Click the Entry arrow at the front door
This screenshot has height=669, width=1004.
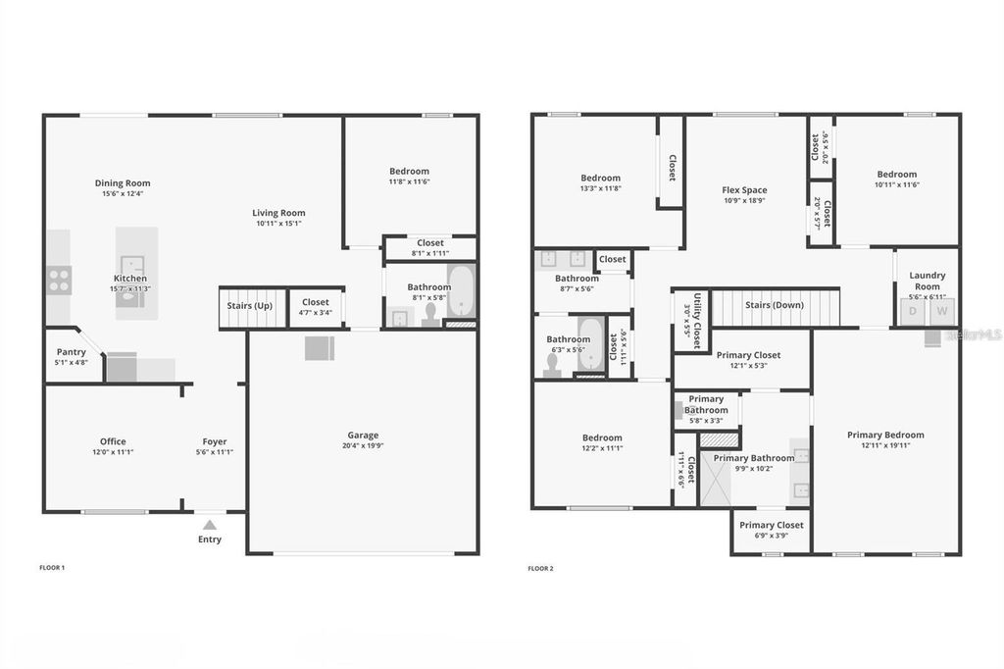point(210,523)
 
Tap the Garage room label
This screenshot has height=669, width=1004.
point(362,436)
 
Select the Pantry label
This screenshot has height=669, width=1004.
point(72,352)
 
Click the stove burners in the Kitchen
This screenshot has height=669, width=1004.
point(58,281)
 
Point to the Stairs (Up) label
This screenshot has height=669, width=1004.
point(250,306)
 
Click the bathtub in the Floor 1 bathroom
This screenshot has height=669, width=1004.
point(460,291)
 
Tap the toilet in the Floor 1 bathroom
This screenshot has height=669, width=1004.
point(428,313)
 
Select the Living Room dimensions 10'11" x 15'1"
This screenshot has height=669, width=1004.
point(278,224)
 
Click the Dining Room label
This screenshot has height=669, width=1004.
point(123,182)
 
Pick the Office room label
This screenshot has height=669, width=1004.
point(113,441)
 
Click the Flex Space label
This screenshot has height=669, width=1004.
point(744,190)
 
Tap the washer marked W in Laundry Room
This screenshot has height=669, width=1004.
point(941,312)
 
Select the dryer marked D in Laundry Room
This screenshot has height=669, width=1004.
point(913,312)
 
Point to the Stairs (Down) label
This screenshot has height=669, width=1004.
point(774,305)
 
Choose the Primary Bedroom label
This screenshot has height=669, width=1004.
point(885,436)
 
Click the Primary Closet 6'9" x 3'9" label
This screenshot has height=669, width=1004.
point(771,525)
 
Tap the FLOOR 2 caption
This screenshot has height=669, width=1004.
point(540,569)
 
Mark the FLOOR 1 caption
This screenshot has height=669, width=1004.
point(51,568)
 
